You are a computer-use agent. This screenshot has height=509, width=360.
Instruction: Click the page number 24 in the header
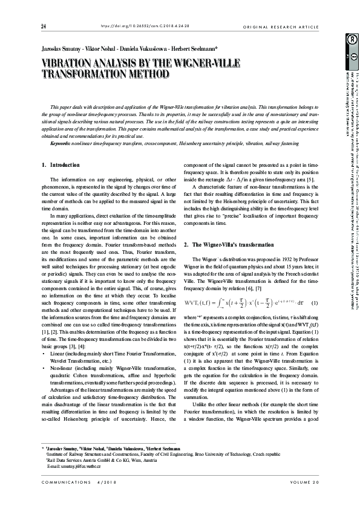44,27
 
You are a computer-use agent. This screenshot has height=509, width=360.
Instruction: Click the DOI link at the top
132,27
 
